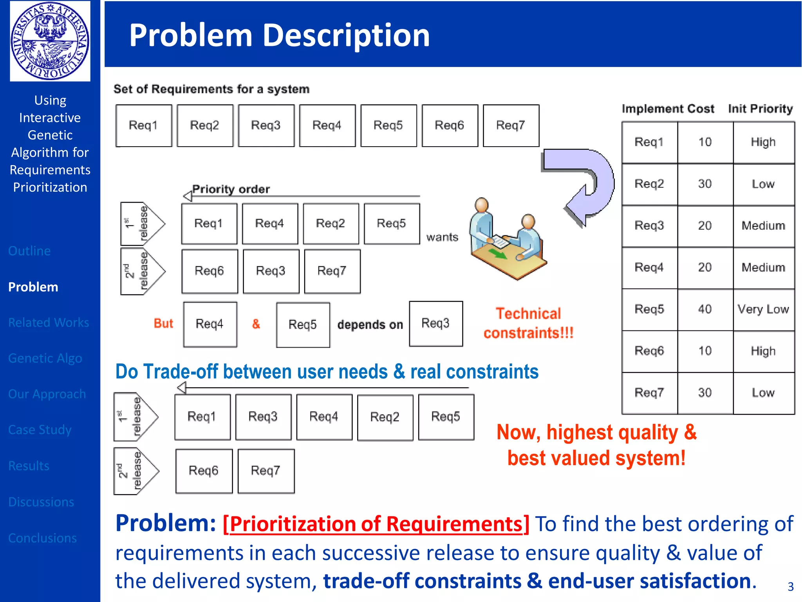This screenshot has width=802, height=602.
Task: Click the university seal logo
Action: click(50, 41)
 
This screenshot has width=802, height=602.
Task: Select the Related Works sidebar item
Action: click(49, 322)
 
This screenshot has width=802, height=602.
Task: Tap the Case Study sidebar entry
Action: click(40, 430)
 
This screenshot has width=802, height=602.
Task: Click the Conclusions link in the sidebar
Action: click(42, 538)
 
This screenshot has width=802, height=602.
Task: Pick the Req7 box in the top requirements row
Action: click(511, 125)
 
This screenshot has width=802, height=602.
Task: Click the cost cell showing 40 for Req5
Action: click(704, 309)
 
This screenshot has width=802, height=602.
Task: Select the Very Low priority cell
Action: click(763, 309)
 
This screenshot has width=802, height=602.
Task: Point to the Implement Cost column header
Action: click(668, 109)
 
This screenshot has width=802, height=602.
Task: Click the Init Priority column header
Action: click(760, 109)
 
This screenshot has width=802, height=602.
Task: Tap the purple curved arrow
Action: click(587, 184)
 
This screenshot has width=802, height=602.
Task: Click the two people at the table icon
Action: click(507, 239)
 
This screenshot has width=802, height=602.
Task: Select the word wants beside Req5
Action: click(442, 237)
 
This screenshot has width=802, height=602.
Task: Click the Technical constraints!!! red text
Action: click(528, 323)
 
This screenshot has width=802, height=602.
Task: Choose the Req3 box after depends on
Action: click(435, 323)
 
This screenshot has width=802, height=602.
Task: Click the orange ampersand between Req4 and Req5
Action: click(256, 324)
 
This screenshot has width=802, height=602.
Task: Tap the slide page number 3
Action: click(790, 586)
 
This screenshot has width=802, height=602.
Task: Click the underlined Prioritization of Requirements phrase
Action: click(376, 524)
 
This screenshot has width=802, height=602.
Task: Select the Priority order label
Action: click(231, 189)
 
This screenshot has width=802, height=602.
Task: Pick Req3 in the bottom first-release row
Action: click(263, 417)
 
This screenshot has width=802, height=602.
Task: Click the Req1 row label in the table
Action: click(649, 142)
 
